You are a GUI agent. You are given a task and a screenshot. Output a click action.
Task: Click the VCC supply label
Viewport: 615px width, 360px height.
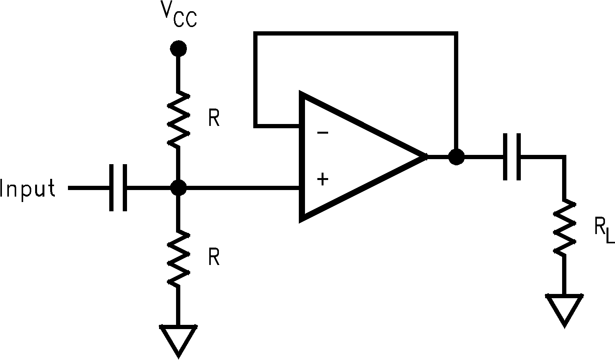click(x=178, y=15)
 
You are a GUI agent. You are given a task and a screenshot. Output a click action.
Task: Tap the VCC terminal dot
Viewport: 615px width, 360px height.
click(x=178, y=48)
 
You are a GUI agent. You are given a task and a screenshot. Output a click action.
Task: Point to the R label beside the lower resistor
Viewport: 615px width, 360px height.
click(x=214, y=258)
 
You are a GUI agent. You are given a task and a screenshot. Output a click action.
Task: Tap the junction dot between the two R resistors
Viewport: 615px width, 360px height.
click(x=178, y=188)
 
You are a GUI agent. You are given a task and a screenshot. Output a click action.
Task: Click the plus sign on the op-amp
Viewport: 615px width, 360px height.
click(x=322, y=179)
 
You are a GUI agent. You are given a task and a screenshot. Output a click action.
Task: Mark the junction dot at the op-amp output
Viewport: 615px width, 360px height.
click(x=456, y=157)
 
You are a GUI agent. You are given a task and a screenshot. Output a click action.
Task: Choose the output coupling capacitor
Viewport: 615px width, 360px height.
click(x=512, y=157)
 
